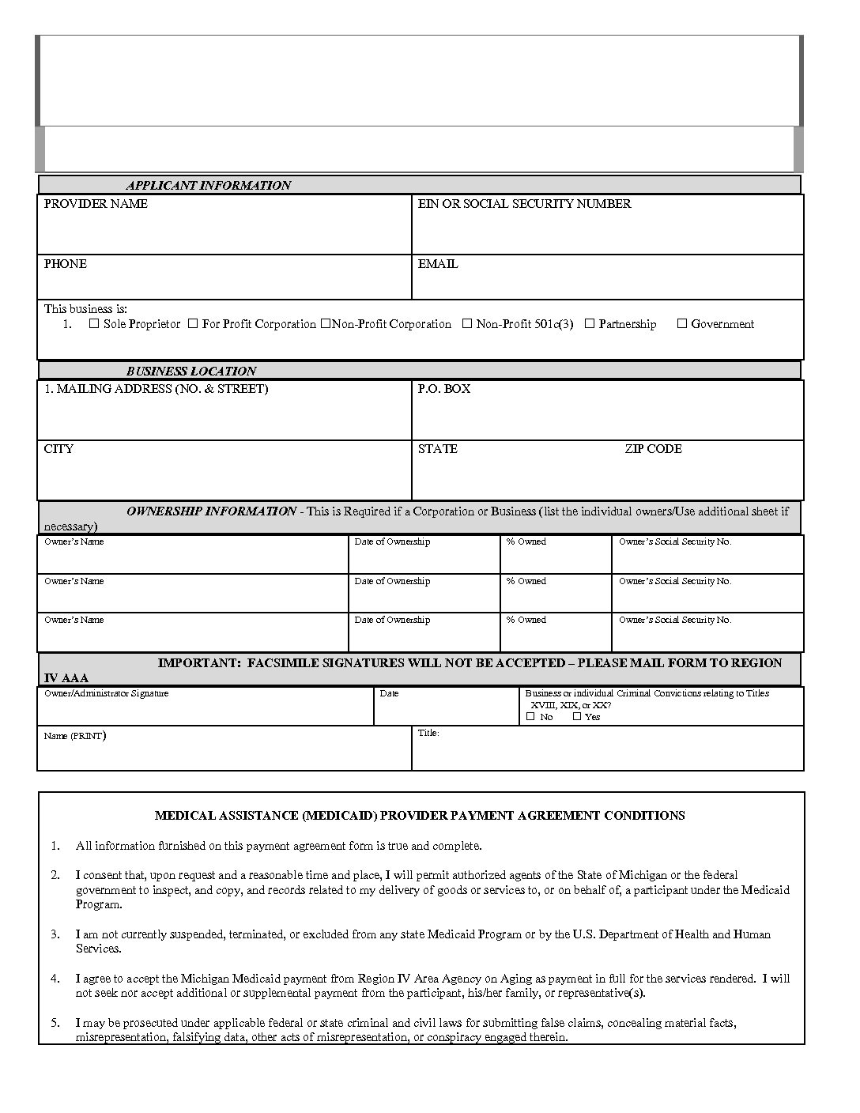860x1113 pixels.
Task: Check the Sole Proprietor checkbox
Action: click(x=94, y=323)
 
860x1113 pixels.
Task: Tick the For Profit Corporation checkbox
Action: click(x=193, y=323)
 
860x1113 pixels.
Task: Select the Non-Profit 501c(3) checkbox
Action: click(x=467, y=323)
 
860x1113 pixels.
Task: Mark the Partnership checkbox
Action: click(x=590, y=323)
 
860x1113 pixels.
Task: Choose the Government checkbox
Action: click(x=682, y=323)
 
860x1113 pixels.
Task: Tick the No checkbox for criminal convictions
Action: click(x=530, y=716)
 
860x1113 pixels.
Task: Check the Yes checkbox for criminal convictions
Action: click(x=577, y=716)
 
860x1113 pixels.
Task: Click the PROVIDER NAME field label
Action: click(x=96, y=204)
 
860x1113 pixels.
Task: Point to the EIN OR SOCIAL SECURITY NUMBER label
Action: click(x=524, y=204)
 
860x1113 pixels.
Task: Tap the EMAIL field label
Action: click(x=438, y=264)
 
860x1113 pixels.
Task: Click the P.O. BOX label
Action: click(x=443, y=389)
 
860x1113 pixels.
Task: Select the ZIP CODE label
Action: click(x=653, y=449)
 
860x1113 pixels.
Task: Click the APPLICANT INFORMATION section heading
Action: click(x=208, y=186)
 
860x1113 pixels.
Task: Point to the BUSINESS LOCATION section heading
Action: click(x=191, y=372)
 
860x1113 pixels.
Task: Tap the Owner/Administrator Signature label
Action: click(x=106, y=693)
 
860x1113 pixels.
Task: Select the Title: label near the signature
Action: click(x=428, y=733)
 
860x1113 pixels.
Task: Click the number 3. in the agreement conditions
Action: click(x=55, y=934)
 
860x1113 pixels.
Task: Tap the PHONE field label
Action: click(x=66, y=264)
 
